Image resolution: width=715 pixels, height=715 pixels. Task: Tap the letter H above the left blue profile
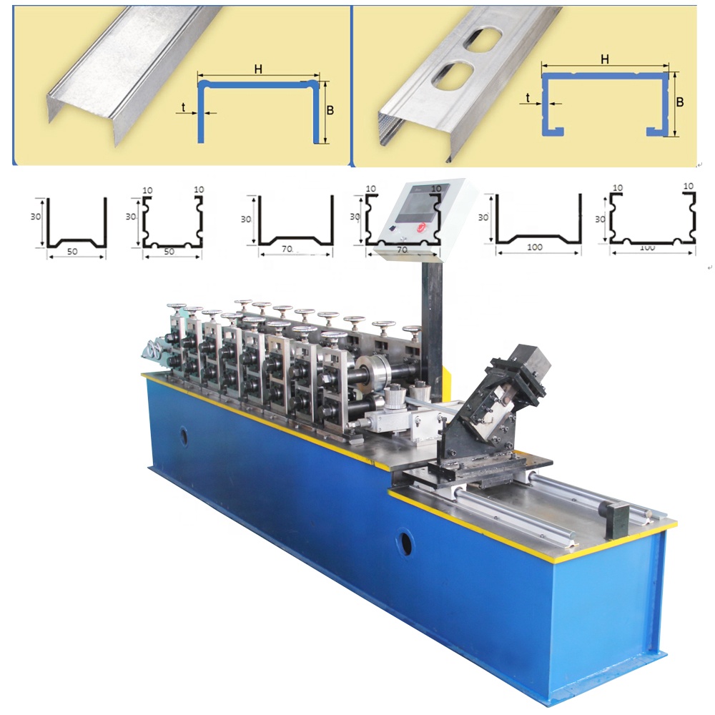258,69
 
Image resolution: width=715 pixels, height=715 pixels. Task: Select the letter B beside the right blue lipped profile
680,102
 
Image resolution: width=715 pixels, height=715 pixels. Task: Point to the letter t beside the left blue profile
183,107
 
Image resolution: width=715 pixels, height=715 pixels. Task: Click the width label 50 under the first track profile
72,251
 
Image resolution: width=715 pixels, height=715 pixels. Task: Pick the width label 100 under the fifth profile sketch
534,247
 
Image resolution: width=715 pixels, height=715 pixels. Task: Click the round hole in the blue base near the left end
183,436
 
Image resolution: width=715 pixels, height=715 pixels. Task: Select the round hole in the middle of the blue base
404,541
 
